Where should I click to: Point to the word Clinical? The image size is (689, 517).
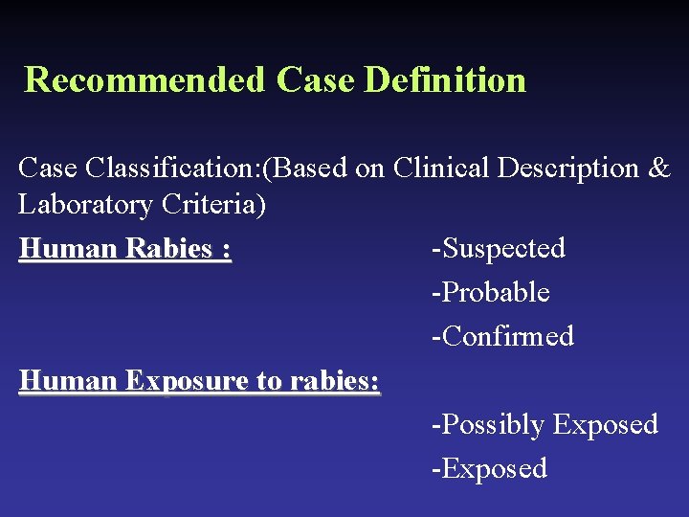click(x=444, y=169)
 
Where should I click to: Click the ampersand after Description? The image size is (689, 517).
click(x=659, y=169)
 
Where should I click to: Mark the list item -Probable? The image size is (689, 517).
click(x=490, y=293)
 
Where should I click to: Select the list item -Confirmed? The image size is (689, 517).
click(x=502, y=337)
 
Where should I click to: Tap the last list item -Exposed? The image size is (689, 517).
click(x=489, y=469)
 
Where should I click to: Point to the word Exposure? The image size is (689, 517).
click(x=184, y=381)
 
